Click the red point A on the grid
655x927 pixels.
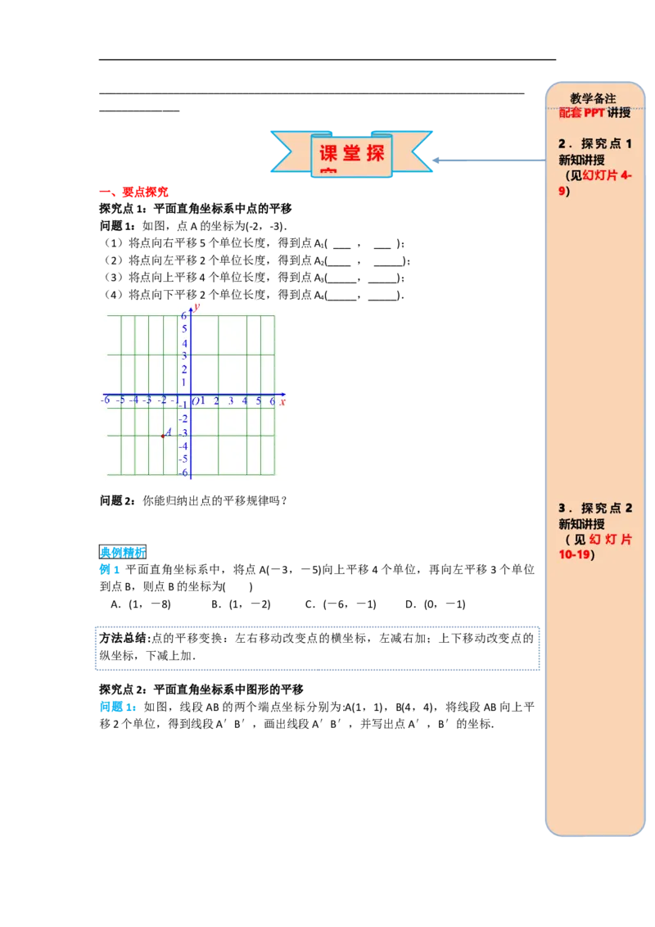(162, 436)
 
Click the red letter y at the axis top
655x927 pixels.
(197, 306)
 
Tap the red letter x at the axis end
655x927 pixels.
(282, 401)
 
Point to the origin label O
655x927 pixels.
(195, 401)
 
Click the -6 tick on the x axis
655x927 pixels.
(105, 400)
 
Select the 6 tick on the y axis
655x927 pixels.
(184, 316)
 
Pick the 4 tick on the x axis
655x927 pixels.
(245, 401)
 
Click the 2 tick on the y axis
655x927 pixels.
(184, 369)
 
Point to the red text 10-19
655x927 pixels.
(575, 555)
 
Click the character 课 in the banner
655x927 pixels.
(328, 154)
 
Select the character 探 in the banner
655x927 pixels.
(376, 154)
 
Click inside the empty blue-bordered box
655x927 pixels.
(318, 649)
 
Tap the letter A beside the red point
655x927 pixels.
(169, 432)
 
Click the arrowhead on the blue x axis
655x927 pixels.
(282, 394)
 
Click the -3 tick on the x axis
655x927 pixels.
(147, 400)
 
